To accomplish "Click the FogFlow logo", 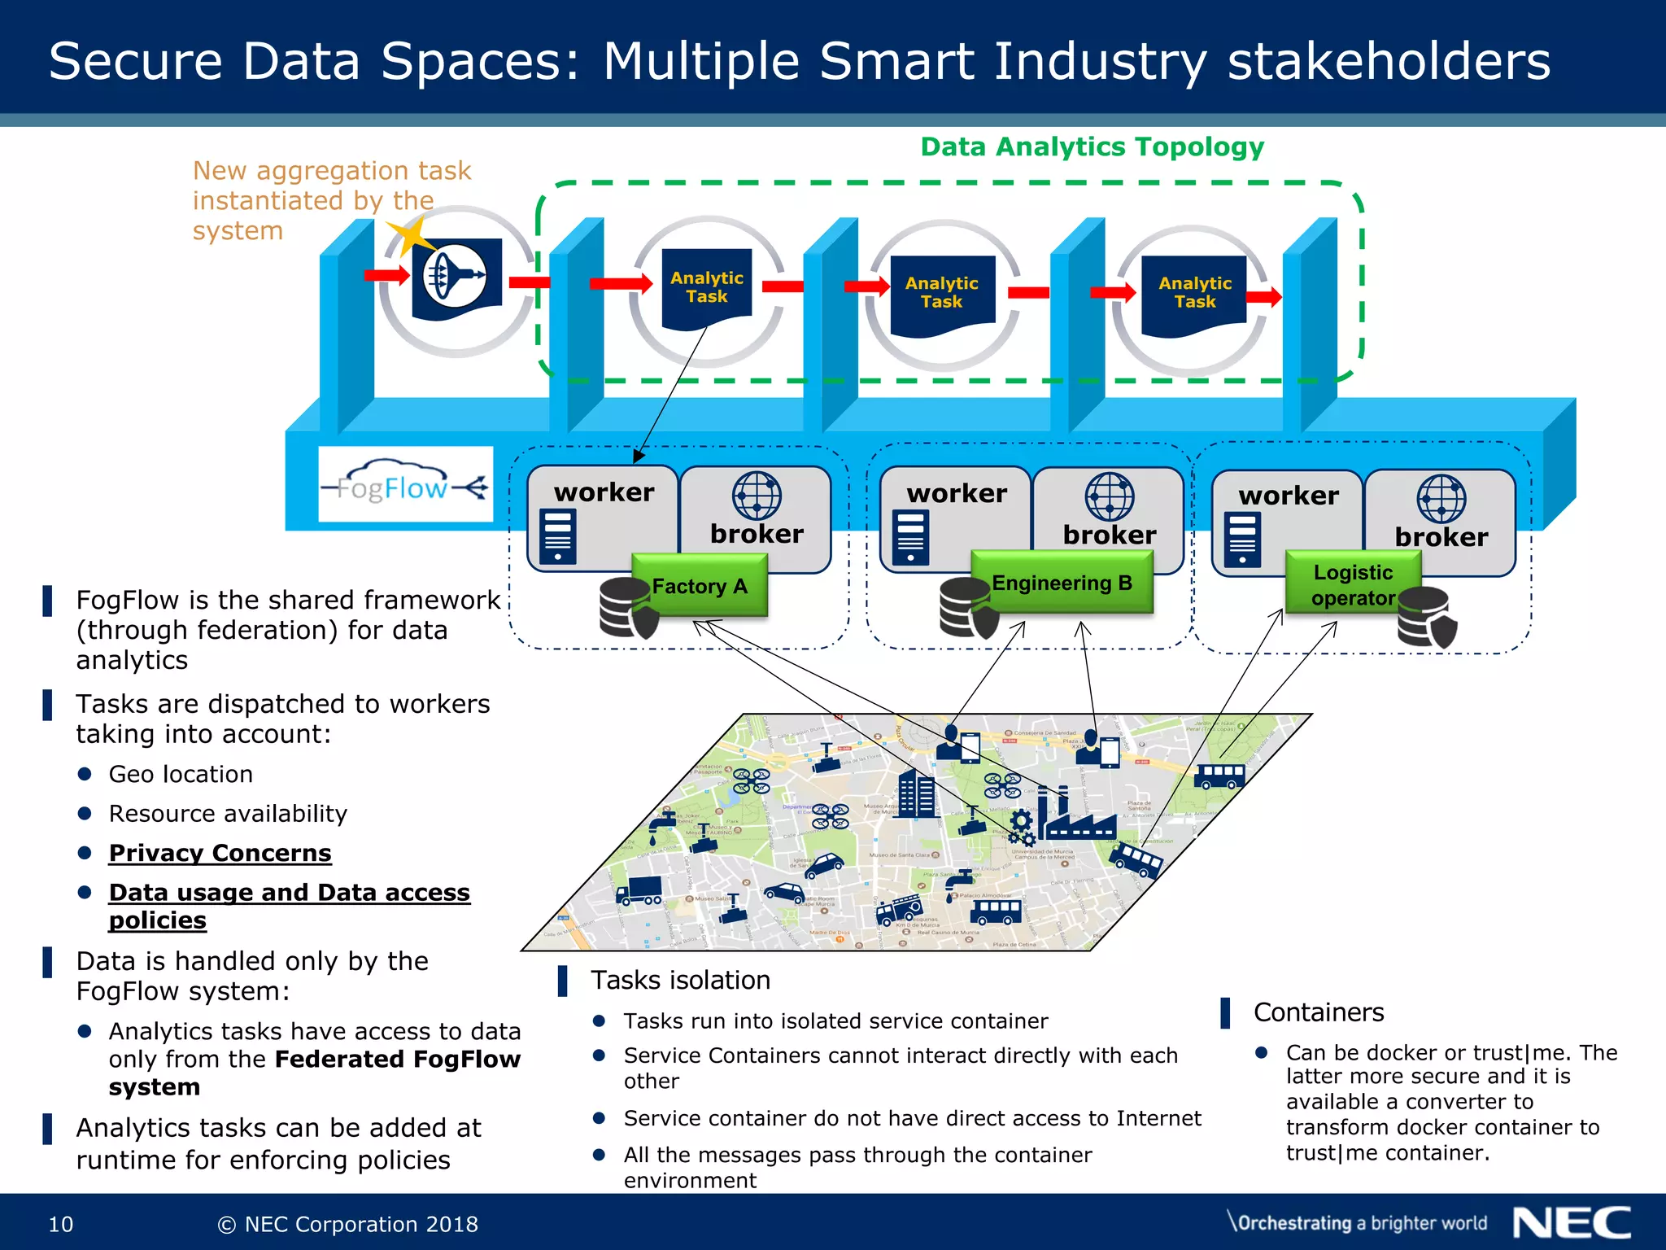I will tap(405, 485).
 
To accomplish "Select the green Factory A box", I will tap(700, 585).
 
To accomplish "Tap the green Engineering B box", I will tap(1062, 582).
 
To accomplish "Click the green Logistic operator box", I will tap(1353, 584).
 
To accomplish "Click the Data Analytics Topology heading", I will tap(1092, 146).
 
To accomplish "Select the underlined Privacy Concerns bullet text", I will tap(220, 852).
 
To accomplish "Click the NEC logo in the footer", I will tap(1571, 1222).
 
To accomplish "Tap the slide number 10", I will tap(61, 1224).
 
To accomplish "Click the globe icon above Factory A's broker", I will tap(756, 495).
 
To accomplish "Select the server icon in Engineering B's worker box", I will tap(910, 537).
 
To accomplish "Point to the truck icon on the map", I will tap(639, 890).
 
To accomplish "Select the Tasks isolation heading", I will tap(680, 980).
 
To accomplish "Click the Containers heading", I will tap(1318, 1012).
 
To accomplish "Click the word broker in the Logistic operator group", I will tap(1441, 536).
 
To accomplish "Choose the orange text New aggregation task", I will tap(331, 171).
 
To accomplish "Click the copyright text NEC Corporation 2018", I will tap(348, 1224).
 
